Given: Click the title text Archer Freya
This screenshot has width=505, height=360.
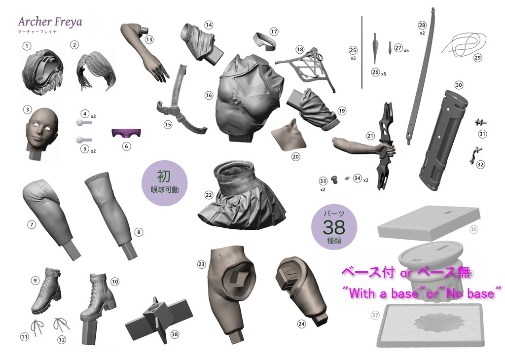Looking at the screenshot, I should [50, 22].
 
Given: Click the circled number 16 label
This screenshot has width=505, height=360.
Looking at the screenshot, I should [209, 95].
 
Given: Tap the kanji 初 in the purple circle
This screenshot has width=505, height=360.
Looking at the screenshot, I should [164, 175].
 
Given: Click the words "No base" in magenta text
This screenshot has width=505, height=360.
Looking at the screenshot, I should [472, 294].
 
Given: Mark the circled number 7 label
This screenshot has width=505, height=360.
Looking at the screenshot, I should [32, 225].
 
